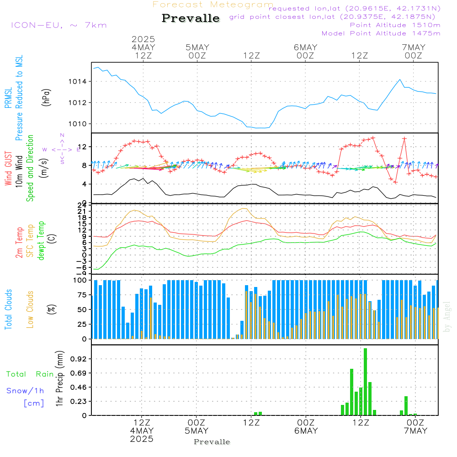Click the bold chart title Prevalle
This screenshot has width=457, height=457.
click(191, 18)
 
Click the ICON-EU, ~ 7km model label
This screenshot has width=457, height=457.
click(58, 25)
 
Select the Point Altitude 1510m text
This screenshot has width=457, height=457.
click(395, 25)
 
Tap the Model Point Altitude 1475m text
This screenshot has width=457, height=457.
click(381, 33)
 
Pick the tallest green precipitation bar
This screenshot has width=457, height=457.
click(365, 382)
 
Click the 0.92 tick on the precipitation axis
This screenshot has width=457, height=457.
click(79, 359)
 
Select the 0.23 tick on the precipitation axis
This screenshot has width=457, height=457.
click(79, 401)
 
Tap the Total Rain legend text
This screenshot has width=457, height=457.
click(30, 374)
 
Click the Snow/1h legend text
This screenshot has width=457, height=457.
click(25, 391)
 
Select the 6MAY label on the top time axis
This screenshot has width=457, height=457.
click(305, 48)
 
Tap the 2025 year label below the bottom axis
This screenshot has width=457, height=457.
click(142, 439)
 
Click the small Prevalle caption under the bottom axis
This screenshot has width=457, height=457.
click(212, 442)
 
